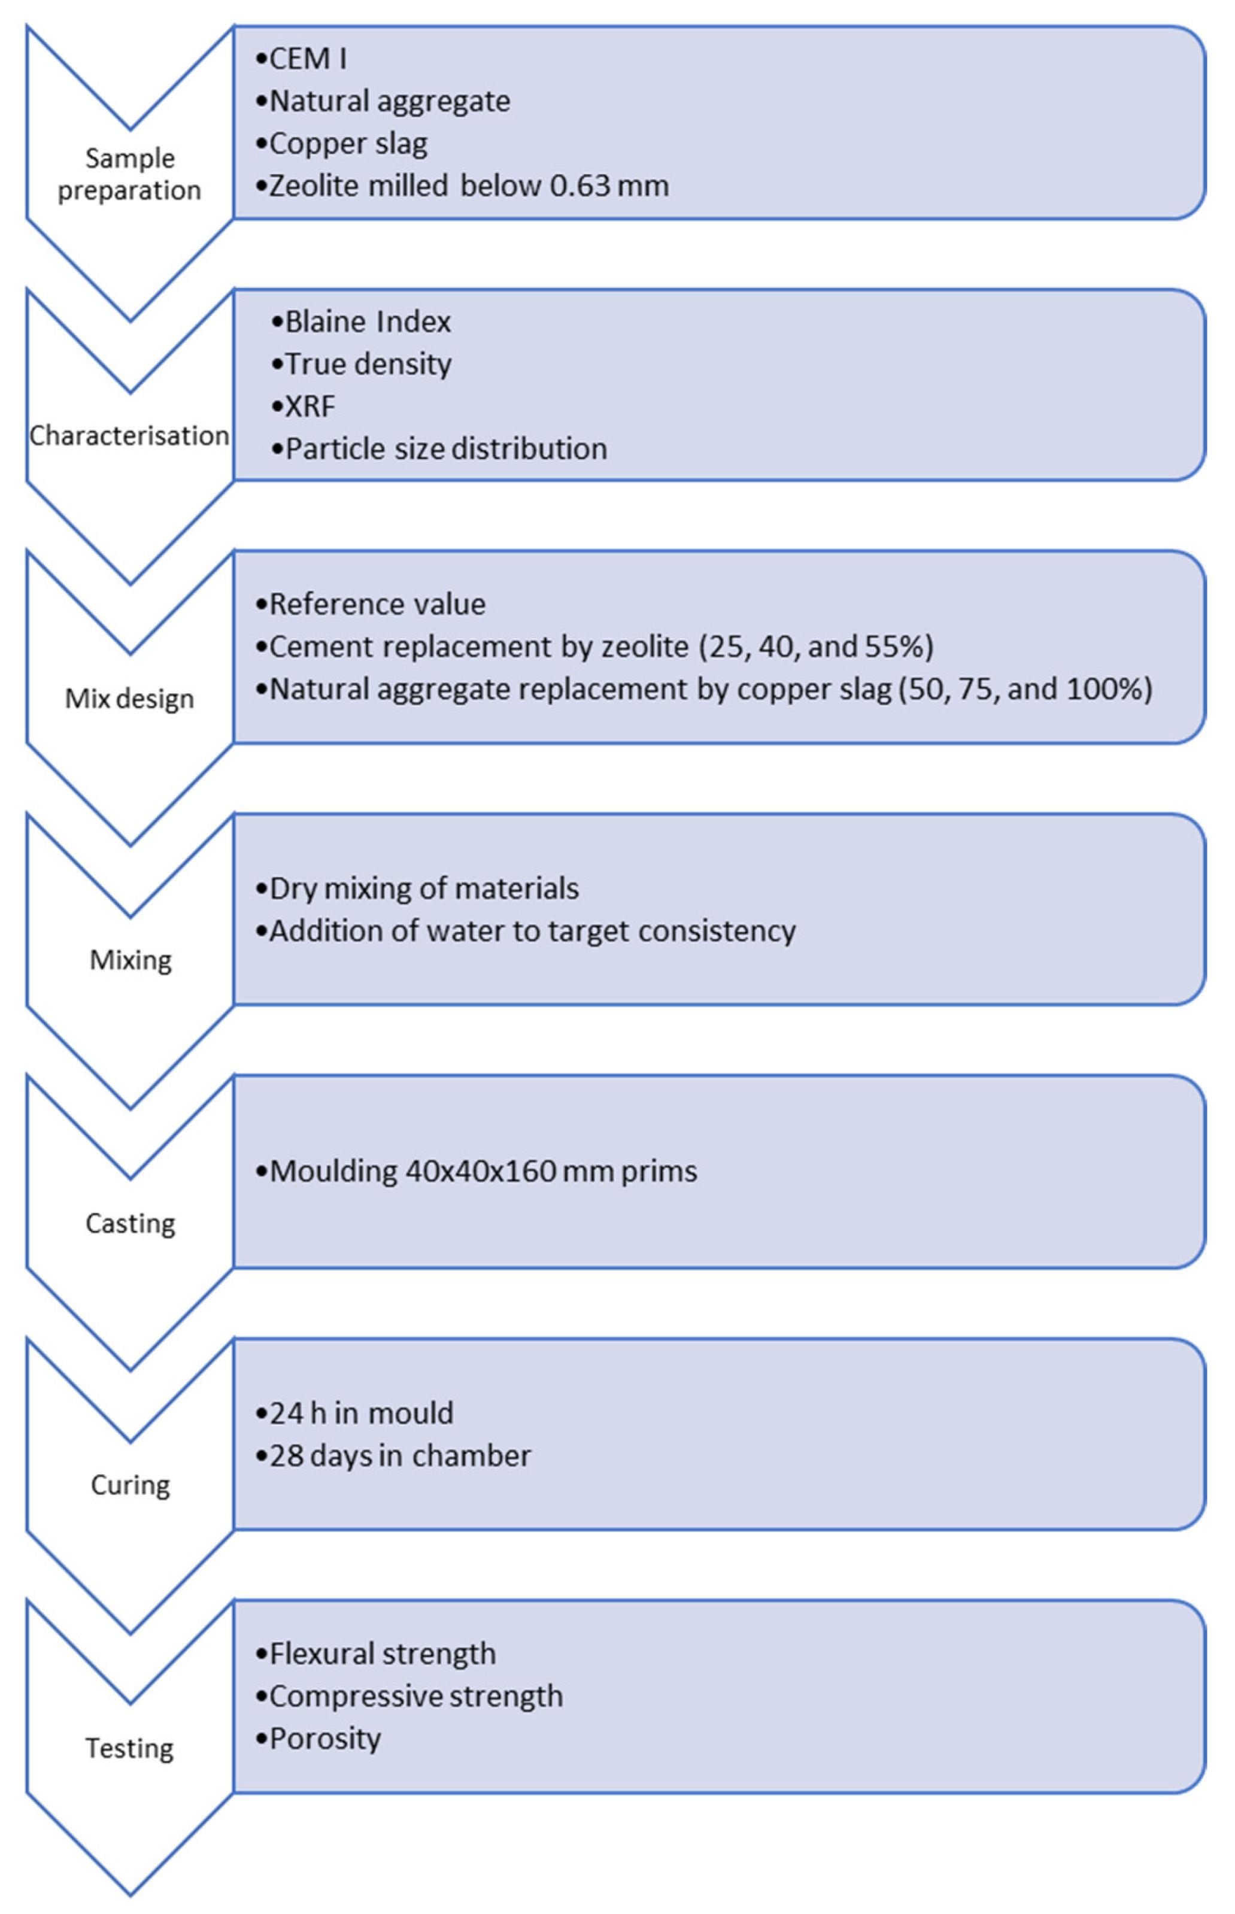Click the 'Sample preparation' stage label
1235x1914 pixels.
pos(130,174)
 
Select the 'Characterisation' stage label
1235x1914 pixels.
pos(130,435)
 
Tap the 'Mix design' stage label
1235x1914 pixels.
pos(130,699)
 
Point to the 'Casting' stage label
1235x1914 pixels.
pos(131,1223)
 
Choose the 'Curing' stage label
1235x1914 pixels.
pos(131,1485)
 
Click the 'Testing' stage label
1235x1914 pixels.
pos(130,1748)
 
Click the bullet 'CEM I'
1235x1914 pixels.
pos(302,59)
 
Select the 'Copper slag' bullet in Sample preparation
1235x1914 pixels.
pos(342,144)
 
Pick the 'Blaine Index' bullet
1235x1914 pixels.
pos(361,321)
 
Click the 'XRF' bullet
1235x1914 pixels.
pos(303,407)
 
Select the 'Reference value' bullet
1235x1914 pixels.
pos(371,604)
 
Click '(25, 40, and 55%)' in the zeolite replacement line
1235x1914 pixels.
pos(817,647)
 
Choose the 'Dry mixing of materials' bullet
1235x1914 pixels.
pos(417,888)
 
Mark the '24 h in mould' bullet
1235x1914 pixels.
pos(354,1413)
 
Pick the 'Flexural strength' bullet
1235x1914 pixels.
pos(375,1654)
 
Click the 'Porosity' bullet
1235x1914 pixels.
pos(317,1739)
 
